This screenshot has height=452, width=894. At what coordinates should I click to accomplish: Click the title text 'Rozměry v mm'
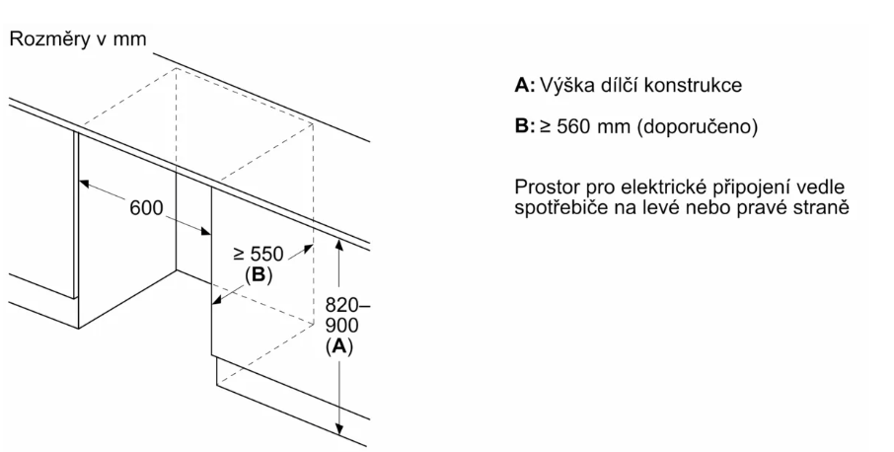pyautogui.click(x=77, y=39)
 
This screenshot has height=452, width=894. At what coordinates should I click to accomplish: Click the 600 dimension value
pyautogui.click(x=146, y=209)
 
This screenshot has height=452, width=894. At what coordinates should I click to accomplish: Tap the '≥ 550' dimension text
pyautogui.click(x=259, y=254)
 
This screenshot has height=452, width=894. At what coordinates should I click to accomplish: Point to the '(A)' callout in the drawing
pyautogui.click(x=338, y=346)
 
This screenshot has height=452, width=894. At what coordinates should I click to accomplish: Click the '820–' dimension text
pyautogui.click(x=342, y=306)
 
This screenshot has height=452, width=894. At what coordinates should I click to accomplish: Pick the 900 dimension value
pyautogui.click(x=337, y=326)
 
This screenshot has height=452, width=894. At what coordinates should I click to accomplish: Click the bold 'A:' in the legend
pyautogui.click(x=525, y=86)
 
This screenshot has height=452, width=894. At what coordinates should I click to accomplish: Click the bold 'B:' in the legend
pyautogui.click(x=525, y=127)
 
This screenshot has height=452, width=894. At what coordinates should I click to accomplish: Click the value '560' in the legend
pyautogui.click(x=571, y=127)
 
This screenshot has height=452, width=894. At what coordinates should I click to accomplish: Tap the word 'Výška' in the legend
pyautogui.click(x=566, y=86)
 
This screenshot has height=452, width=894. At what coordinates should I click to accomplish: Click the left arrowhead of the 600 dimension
pyautogui.click(x=84, y=183)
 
